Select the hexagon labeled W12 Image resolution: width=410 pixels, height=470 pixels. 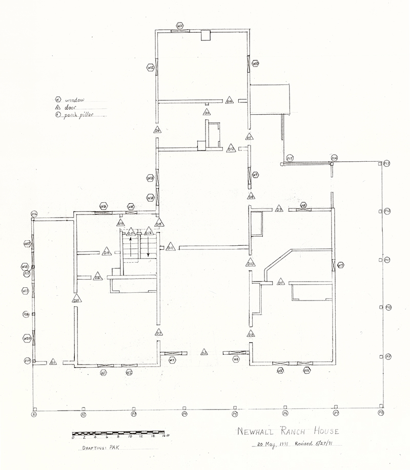pos(151,67)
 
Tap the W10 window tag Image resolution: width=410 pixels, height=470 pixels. pos(255,63)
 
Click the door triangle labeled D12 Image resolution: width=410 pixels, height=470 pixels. pos(231,148)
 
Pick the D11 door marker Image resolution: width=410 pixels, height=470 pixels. pos(171,248)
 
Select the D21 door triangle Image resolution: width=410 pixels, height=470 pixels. pos(76,300)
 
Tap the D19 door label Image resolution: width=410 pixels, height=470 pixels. pos(107,252)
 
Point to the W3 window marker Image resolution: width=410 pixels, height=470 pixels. pos(172,360)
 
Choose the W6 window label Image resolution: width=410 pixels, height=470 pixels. pos(306,370)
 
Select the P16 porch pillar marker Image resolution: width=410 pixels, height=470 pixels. pos(34,213)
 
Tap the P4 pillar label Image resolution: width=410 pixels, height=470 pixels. pos(184,413)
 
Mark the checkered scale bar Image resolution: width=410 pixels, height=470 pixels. pos(117,433)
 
